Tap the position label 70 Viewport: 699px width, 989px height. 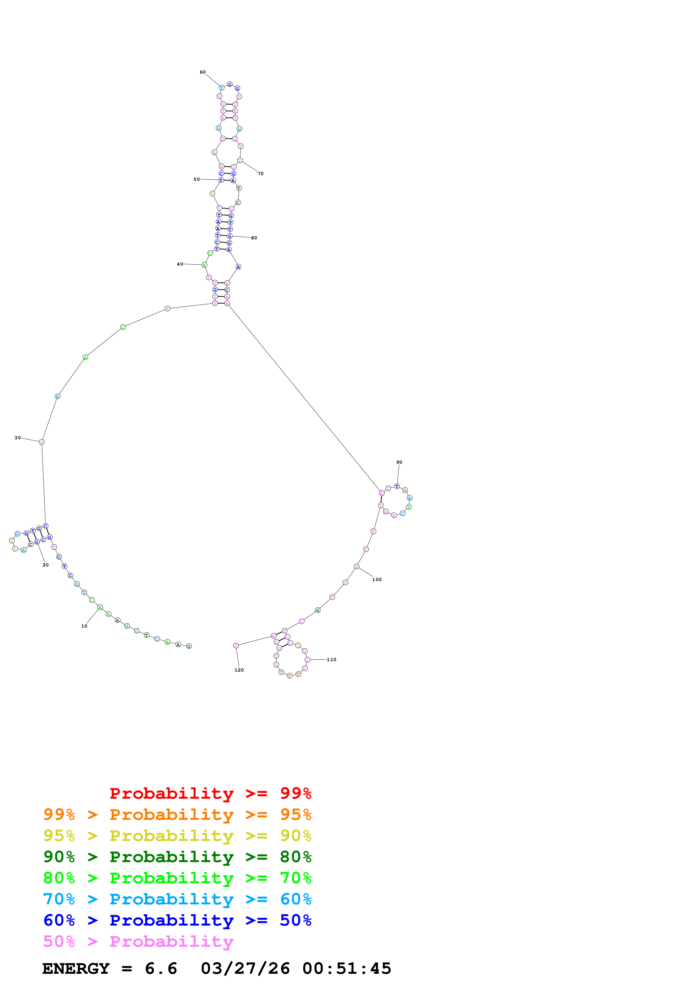[x=261, y=174]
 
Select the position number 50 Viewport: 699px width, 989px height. [x=197, y=179]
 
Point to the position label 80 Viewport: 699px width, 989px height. [x=254, y=238]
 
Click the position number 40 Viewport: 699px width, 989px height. [x=180, y=264]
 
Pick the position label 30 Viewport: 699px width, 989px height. [x=18, y=438]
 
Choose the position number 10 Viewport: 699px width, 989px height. [x=84, y=626]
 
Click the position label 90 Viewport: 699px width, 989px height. [x=399, y=462]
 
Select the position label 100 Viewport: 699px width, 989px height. [x=377, y=579]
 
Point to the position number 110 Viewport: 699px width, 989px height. [x=331, y=659]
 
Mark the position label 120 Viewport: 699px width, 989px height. [x=239, y=670]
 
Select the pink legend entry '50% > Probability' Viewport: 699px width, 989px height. [x=138, y=941]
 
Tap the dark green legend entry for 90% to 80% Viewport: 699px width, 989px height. [x=177, y=857]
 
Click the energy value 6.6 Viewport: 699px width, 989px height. [x=161, y=968]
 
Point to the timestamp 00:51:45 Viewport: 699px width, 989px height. [x=347, y=968]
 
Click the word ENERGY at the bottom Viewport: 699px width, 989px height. [x=76, y=968]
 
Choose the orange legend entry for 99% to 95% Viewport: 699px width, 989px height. [x=177, y=814]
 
